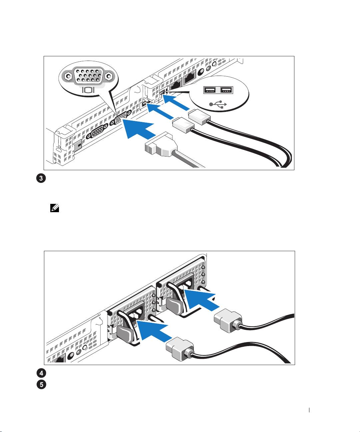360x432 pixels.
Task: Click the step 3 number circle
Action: coord(41,178)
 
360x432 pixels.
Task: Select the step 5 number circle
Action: coord(41,384)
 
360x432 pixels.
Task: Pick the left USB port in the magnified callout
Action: coord(210,90)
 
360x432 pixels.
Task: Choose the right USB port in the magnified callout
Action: coord(226,90)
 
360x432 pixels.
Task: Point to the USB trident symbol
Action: coord(218,104)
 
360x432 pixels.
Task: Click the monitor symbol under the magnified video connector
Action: coord(88,90)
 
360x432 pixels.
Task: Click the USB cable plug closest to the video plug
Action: coord(183,126)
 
